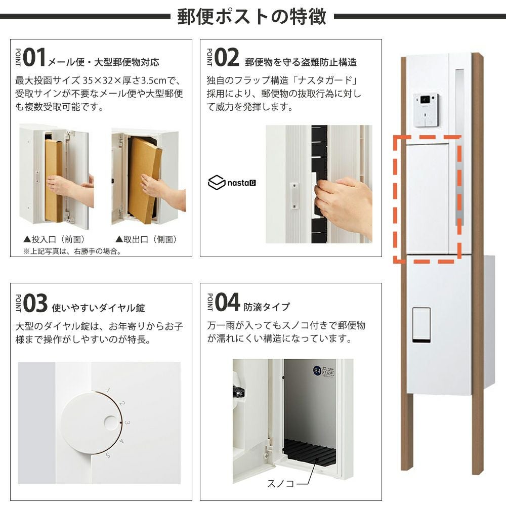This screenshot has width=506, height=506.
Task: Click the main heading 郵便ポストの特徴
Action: click(251, 16)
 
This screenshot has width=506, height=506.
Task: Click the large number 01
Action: click(34, 57)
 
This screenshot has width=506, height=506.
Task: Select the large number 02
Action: click(227, 57)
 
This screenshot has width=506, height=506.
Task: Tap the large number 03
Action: click(35, 303)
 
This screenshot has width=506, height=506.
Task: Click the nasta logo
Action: click(232, 183)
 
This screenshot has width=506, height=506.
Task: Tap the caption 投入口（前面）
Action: click(54, 239)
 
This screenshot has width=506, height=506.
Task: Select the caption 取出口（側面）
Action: click(146, 239)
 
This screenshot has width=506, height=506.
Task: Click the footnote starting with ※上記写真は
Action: click(72, 251)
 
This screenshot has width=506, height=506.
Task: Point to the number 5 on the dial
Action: click(108, 455)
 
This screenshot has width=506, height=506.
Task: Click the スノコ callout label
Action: click(281, 483)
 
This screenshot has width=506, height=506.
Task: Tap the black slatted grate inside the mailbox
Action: click(309, 452)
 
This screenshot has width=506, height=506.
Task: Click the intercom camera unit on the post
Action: click(426, 110)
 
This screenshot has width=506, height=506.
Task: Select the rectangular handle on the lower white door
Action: click(421, 325)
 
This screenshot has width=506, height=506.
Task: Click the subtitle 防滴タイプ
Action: click(267, 307)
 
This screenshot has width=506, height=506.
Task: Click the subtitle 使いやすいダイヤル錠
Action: click(99, 308)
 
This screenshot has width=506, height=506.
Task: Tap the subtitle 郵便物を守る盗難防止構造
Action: click(301, 62)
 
